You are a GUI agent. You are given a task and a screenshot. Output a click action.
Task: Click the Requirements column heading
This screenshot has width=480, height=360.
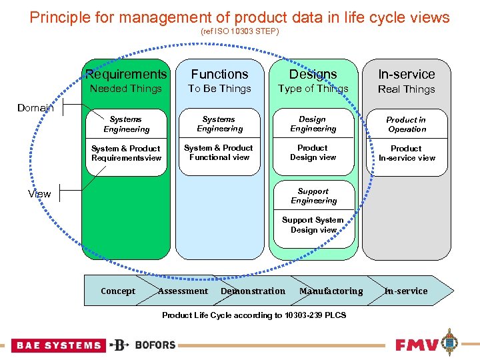coord(126,75)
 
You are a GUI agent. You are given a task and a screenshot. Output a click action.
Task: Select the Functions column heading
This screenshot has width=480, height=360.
coord(219,75)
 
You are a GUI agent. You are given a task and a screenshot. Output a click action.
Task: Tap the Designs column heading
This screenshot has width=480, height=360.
coord(313,75)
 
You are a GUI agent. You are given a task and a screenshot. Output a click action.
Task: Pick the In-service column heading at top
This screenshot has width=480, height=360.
coord(406,75)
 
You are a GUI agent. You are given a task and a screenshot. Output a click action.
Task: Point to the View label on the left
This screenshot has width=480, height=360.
coord(39,194)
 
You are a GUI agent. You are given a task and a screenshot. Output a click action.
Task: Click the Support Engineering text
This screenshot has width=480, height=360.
coord(313,196)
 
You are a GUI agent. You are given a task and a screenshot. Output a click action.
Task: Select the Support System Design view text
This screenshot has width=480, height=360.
coord(313,225)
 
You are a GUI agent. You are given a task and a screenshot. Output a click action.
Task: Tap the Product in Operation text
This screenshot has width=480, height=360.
coord(406,125)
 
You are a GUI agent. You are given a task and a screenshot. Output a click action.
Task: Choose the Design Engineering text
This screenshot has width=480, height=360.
coord(313,124)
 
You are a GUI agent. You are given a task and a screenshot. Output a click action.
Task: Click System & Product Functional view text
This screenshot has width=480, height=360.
coord(219,153)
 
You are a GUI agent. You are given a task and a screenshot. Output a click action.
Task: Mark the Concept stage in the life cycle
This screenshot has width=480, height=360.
coord(118,291)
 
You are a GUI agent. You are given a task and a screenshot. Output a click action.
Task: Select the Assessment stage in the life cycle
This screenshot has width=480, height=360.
coord(183,291)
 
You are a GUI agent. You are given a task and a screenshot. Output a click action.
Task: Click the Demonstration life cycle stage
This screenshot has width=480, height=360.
coord(253,291)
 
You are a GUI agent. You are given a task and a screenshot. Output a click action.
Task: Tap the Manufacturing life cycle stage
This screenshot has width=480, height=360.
coord(331,291)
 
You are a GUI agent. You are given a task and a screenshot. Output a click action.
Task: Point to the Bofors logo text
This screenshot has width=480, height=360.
coord(155,345)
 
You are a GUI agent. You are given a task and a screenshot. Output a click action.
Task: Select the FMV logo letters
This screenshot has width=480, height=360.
coord(417,345)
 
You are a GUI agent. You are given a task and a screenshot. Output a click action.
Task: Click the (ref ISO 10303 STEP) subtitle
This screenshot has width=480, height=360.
coord(240,31)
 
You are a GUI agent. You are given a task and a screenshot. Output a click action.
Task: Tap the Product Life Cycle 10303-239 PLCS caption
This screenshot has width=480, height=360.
coord(254,315)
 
